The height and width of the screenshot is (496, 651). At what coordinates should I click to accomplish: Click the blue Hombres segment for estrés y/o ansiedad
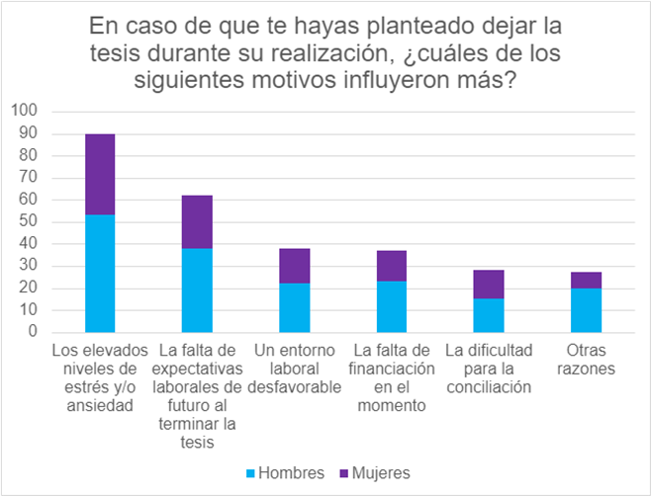pyautogui.click(x=100, y=273)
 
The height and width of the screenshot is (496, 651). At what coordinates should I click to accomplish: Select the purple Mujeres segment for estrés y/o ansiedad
pyautogui.click(x=100, y=174)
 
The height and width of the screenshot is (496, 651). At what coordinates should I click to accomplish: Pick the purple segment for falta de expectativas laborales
pyautogui.click(x=197, y=221)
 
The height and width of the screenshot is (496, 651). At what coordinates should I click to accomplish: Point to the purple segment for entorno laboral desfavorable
pyautogui.click(x=294, y=266)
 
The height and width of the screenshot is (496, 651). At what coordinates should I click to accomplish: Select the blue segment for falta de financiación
pyautogui.click(x=391, y=306)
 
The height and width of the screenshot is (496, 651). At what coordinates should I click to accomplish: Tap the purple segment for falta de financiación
pyautogui.click(x=391, y=266)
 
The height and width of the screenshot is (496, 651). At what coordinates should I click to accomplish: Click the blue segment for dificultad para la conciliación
pyautogui.click(x=488, y=315)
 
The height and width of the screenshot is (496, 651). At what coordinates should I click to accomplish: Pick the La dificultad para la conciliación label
pyautogui.click(x=488, y=369)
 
